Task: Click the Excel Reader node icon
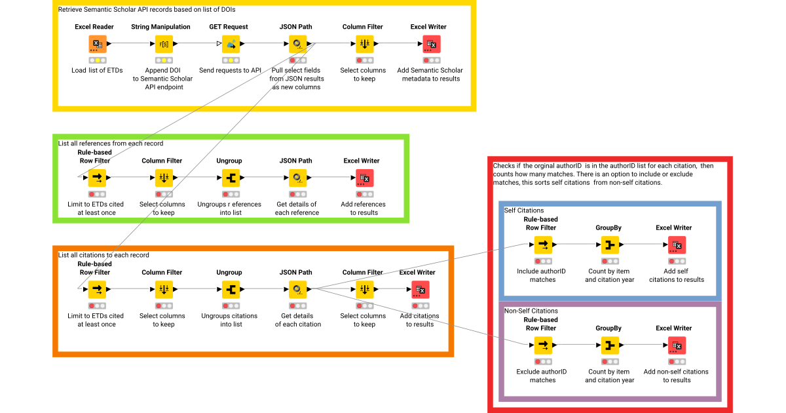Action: click(97, 44)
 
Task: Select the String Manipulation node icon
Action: click(163, 44)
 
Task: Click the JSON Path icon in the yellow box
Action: click(296, 44)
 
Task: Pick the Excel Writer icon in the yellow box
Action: click(432, 44)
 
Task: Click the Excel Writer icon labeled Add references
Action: click(365, 178)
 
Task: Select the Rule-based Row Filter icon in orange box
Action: click(97, 289)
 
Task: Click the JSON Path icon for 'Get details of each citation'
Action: click(296, 289)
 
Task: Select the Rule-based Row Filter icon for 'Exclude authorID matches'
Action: click(543, 345)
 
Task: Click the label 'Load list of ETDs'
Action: click(97, 70)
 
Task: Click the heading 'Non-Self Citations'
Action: click(531, 311)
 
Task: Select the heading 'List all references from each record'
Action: click(111, 143)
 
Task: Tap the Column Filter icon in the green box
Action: click(163, 178)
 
